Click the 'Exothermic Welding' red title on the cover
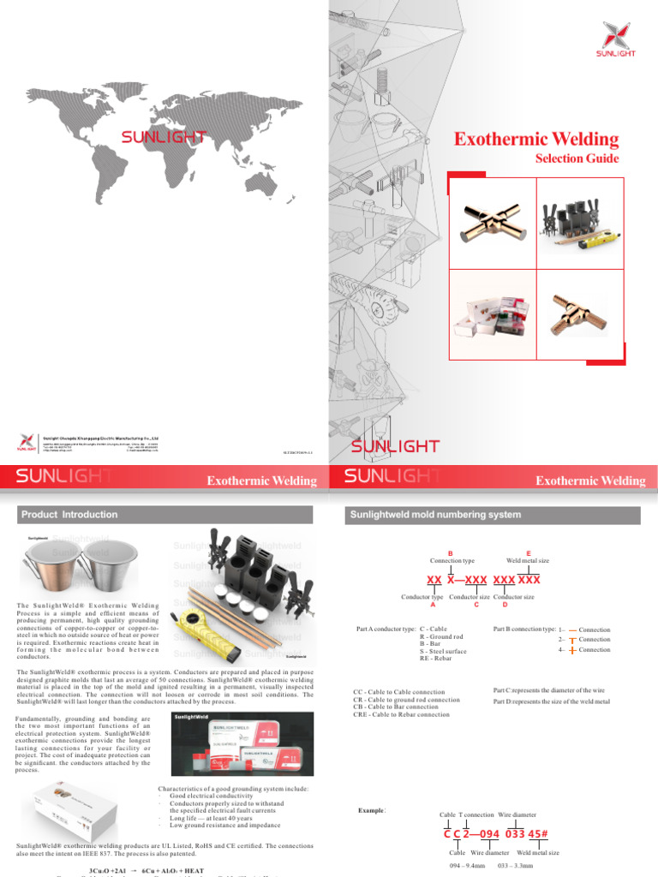535,139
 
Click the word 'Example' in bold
371,809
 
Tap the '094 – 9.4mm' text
467,866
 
